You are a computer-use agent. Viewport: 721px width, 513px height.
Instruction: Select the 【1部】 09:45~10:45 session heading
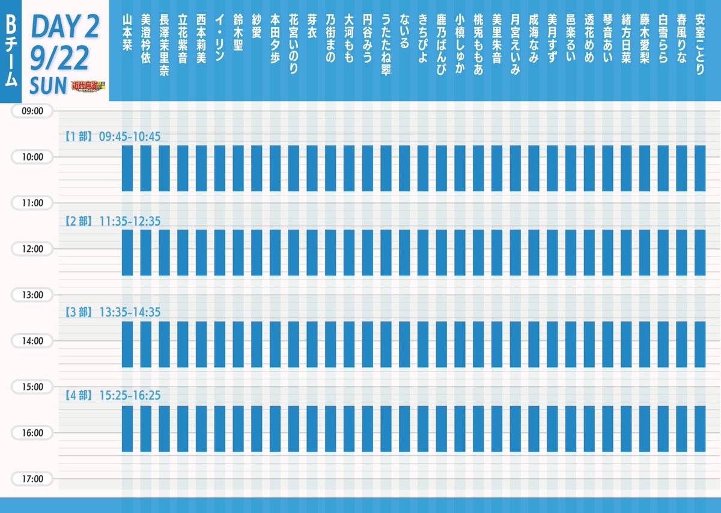click(x=112, y=137)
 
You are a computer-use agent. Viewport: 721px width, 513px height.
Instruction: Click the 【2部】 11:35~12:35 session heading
click(x=112, y=221)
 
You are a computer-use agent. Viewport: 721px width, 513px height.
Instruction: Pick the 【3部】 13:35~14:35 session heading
click(x=112, y=312)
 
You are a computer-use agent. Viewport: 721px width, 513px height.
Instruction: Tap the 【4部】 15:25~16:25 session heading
click(x=112, y=396)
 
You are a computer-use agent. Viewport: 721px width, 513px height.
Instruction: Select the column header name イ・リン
click(x=219, y=35)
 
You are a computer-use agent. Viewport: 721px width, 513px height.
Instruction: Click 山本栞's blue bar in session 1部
click(x=127, y=168)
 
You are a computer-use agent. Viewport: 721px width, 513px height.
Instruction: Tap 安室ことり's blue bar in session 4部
click(x=699, y=428)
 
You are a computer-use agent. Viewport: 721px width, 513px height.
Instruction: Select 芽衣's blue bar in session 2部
click(x=312, y=253)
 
